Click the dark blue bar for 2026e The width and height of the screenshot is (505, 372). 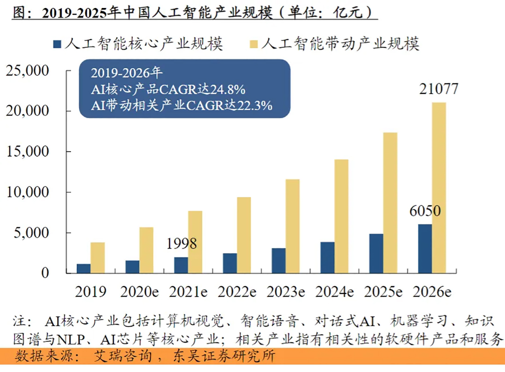425,248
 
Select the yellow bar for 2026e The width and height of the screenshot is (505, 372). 439,188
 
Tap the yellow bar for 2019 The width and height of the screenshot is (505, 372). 98,258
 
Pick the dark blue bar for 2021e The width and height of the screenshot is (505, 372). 181,265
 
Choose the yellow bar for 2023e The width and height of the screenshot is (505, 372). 292,226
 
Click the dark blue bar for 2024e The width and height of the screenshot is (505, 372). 327,257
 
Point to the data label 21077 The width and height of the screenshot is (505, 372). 439,89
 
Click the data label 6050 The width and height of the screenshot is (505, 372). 425,211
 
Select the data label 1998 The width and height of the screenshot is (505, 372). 181,244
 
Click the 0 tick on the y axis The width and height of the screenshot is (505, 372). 45,273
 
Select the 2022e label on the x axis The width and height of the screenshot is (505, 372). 237,292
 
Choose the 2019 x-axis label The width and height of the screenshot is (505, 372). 90,292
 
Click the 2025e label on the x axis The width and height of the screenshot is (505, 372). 383,292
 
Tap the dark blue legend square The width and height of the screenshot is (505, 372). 57,44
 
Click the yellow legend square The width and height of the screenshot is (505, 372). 253,44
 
